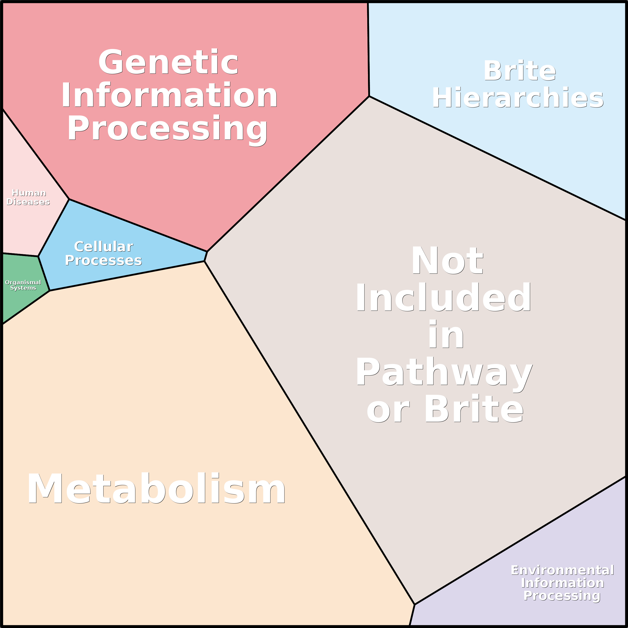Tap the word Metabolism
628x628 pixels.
click(156, 489)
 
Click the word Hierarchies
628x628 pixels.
click(517, 97)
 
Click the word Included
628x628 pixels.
click(443, 297)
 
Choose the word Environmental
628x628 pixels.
click(562, 570)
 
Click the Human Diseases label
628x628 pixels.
click(28, 197)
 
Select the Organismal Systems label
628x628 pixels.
click(23, 285)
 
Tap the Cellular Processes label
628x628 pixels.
click(103, 253)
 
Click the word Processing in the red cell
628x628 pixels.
click(167, 129)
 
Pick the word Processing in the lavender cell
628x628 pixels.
click(562, 596)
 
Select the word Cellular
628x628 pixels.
click(103, 247)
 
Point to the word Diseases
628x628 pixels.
click(28, 202)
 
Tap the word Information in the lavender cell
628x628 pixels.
click(562, 583)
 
